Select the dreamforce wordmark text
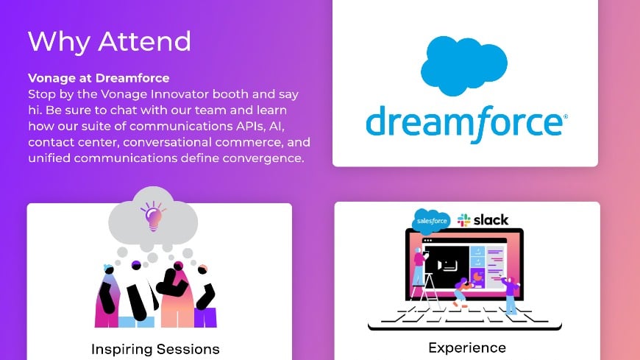point(466,123)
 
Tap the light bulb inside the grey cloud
point(153,216)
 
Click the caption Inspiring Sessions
point(155,348)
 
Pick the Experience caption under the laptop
point(467,347)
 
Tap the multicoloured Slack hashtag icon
point(463,220)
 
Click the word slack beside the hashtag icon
point(491,220)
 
